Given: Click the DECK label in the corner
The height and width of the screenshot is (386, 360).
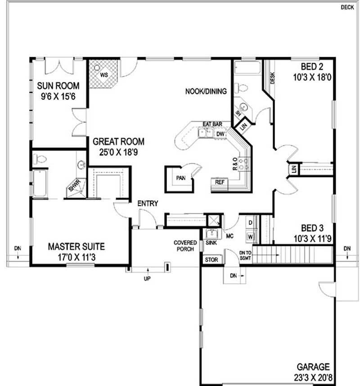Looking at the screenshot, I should (x=346, y=7).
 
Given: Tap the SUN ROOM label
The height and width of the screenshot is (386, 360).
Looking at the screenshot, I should (x=58, y=86).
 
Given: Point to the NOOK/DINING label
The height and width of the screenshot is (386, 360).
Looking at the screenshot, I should (x=206, y=91).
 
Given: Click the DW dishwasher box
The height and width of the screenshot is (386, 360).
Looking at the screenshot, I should (x=220, y=134).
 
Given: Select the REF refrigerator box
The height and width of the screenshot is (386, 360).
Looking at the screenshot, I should (x=220, y=183).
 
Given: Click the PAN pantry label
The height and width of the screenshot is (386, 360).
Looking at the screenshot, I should (x=181, y=178).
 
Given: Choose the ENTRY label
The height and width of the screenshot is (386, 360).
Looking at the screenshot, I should (x=148, y=204).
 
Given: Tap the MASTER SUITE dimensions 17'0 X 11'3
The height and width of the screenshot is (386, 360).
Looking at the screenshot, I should (x=76, y=257).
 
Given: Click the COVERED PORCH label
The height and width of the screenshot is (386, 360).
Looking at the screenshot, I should (x=185, y=246).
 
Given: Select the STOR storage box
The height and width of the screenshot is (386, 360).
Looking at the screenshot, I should (x=211, y=260).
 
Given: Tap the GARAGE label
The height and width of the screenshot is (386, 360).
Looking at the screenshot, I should (x=313, y=367).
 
